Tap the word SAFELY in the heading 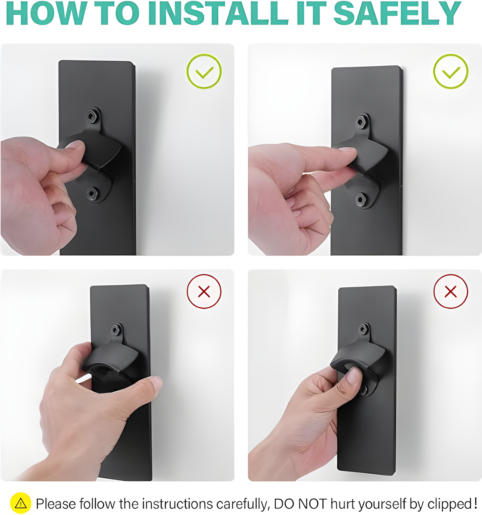point(397,13)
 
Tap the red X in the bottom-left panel point(204,292)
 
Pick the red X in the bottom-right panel point(451,292)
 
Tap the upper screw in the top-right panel point(361,122)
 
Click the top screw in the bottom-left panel point(115,330)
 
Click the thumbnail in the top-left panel point(75,144)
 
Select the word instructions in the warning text point(178,504)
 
